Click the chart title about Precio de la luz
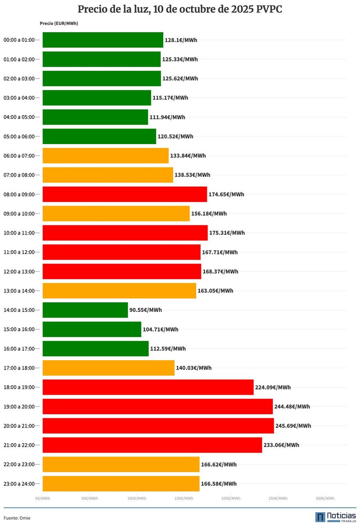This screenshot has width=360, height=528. pos(180,10)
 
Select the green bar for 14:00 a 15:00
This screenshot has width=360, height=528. pos(85,310)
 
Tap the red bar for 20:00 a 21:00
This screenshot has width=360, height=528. pos(158,426)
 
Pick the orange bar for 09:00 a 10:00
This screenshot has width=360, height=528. pos(116,213)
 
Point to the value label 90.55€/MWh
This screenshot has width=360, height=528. pos(146,310)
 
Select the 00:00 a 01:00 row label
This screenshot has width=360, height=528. pos(19,40)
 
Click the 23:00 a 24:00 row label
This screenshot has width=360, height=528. pos(19,484)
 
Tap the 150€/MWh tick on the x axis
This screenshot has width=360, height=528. pos(184,499)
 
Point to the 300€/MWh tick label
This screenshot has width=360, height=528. pos(325,499)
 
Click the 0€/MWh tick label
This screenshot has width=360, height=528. pos(43,499)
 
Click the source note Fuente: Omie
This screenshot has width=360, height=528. pos(17,518)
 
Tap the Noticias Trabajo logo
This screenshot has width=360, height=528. pos(335,517)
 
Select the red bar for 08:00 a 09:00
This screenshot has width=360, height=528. pos(125,194)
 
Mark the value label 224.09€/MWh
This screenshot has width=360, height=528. pos(273,387)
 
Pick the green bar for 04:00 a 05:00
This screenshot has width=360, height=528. pos(95,117)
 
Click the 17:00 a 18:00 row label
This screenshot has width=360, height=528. pos(19,368)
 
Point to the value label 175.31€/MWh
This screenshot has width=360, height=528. pos(227,233)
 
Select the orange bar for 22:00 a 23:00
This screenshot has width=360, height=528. pos(121,464)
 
